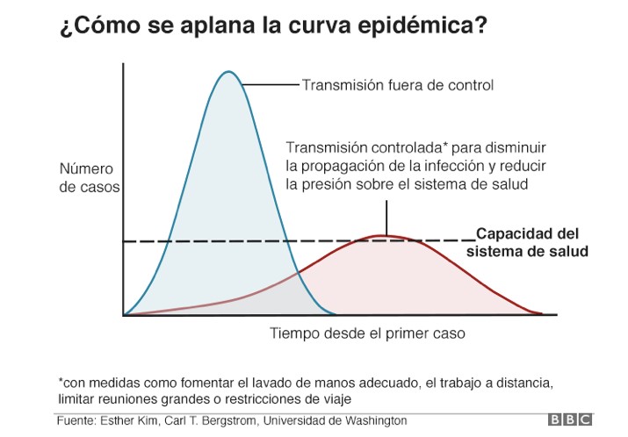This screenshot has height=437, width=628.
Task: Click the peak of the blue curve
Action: click(228, 72)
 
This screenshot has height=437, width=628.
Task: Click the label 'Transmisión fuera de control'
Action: click(397, 85)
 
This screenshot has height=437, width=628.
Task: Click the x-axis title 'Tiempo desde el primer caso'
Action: click(367, 333)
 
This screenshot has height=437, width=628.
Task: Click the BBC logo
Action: click(571, 420)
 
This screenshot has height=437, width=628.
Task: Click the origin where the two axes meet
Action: click(124, 314)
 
